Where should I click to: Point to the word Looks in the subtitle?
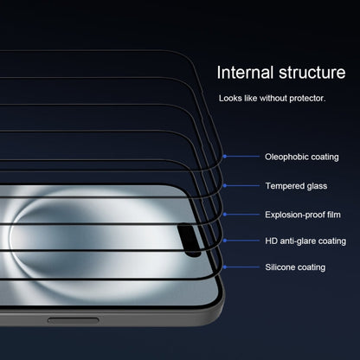(x=230, y=99)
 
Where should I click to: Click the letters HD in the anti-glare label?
(x=270, y=241)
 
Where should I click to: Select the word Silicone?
(x=280, y=268)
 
